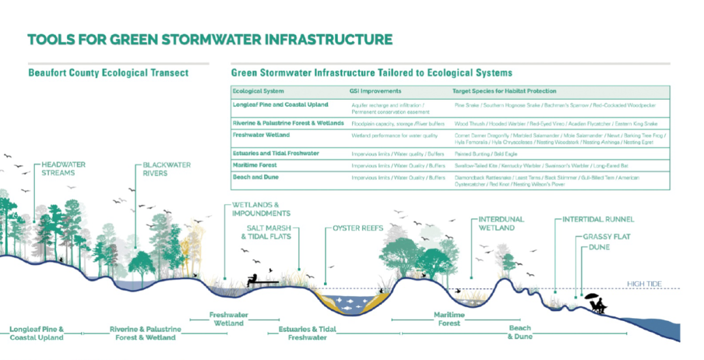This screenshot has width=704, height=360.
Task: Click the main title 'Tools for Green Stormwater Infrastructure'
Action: click(210, 40)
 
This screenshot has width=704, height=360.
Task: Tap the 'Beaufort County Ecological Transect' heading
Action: click(108, 72)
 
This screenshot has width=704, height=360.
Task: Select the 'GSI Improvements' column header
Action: click(376, 91)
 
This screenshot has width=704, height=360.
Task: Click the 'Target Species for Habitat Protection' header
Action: click(504, 91)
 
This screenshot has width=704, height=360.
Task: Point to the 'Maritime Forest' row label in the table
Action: click(254, 165)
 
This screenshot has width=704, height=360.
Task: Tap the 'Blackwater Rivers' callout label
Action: click(167, 169)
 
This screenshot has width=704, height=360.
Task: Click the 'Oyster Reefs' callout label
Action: click(358, 228)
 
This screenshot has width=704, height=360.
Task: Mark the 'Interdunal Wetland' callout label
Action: click(501, 223)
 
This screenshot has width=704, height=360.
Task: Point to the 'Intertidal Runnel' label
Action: click(598, 220)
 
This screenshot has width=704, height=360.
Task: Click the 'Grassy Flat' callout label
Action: click(606, 237)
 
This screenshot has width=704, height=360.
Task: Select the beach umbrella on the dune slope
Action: click(593, 297)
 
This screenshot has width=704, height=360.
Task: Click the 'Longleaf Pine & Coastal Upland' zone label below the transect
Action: click(37, 333)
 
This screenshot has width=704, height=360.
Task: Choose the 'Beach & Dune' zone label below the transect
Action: click(520, 332)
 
